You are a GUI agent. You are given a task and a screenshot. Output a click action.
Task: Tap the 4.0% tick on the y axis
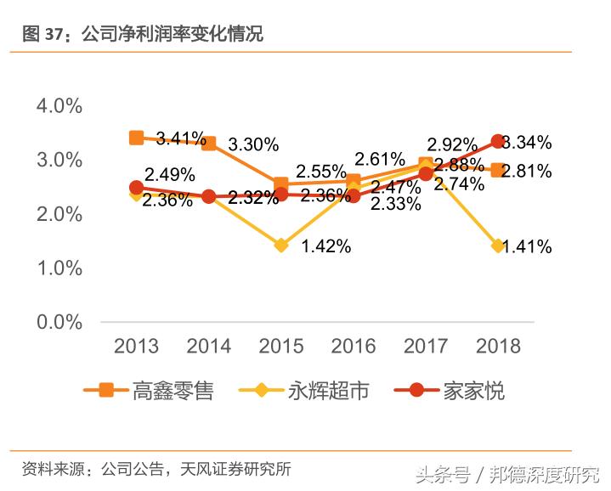59,106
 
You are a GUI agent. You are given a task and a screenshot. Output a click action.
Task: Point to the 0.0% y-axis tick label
59,322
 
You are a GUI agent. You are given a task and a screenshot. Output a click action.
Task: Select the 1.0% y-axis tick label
59,268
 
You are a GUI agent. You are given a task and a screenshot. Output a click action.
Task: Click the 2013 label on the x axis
136,346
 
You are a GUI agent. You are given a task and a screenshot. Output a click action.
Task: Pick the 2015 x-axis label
281,346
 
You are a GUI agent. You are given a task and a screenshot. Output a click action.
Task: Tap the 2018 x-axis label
498,346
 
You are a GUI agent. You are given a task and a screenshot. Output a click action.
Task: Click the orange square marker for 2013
136,138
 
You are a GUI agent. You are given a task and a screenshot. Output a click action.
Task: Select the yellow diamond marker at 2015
281,245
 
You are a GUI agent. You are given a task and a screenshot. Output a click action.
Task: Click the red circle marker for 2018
499,142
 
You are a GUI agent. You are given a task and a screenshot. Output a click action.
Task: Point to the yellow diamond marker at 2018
499,246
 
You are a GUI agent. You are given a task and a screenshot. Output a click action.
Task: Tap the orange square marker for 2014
209,144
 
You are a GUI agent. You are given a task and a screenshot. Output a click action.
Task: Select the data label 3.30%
253,144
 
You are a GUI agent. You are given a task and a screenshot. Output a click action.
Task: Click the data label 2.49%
170,175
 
